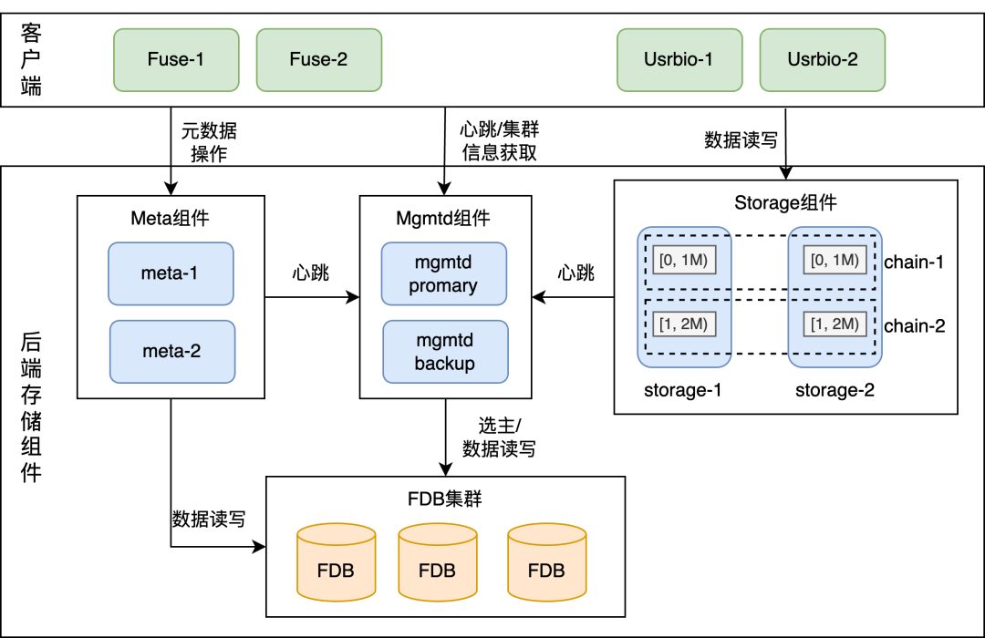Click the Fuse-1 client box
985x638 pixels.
point(176,60)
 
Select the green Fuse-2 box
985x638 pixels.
point(318,60)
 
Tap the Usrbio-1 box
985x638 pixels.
point(679,60)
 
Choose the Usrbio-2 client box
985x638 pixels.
point(822,60)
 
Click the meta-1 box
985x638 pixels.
point(171,273)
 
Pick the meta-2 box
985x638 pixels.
point(171,351)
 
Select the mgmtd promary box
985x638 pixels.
point(443,273)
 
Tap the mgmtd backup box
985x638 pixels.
point(444,352)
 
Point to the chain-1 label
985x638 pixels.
point(914,262)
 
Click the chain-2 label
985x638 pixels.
point(914,325)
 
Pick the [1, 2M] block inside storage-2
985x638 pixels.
point(834,324)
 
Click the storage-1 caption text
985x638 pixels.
point(683,391)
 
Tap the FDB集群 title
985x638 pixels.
point(444,499)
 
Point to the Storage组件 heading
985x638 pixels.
point(785,202)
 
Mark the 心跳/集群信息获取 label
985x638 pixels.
point(500,142)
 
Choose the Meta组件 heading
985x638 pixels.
point(171,219)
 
